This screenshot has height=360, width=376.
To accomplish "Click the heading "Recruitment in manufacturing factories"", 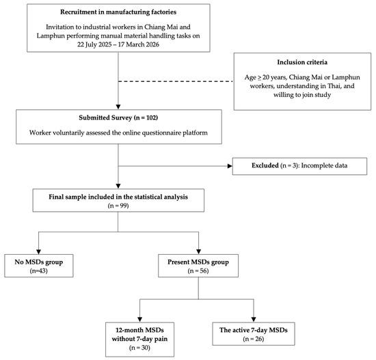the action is coord(118,12).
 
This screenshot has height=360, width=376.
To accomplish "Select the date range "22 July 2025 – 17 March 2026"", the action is coord(118,44).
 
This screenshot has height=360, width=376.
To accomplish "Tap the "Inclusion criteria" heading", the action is coord(302,62).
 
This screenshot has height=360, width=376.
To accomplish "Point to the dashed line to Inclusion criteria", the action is coord(176,81).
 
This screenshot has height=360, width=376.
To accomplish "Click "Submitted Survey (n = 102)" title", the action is coord(118,117).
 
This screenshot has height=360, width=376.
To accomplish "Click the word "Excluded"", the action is coord(265,165).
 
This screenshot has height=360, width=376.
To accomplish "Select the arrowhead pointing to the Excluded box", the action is coord(230,166).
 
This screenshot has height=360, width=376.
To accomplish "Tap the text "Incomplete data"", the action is coord(324,165).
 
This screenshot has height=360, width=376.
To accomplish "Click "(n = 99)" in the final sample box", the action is coord(118,206).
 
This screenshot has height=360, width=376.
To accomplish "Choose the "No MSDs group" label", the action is coord(39,262).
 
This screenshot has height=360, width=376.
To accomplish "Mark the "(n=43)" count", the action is coord(39,271).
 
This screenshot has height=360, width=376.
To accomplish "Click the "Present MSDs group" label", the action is coord(198,262).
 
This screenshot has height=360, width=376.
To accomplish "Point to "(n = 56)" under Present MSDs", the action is coord(198,271).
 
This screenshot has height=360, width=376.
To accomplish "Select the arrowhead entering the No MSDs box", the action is coord(38,251).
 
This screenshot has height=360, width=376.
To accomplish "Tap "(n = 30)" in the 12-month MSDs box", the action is coord(139,348).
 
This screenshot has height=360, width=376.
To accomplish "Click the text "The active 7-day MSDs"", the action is coord(254,330).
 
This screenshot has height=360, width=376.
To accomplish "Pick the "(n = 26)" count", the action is coord(254,339).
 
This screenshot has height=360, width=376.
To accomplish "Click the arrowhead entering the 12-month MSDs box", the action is coord(139,320).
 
